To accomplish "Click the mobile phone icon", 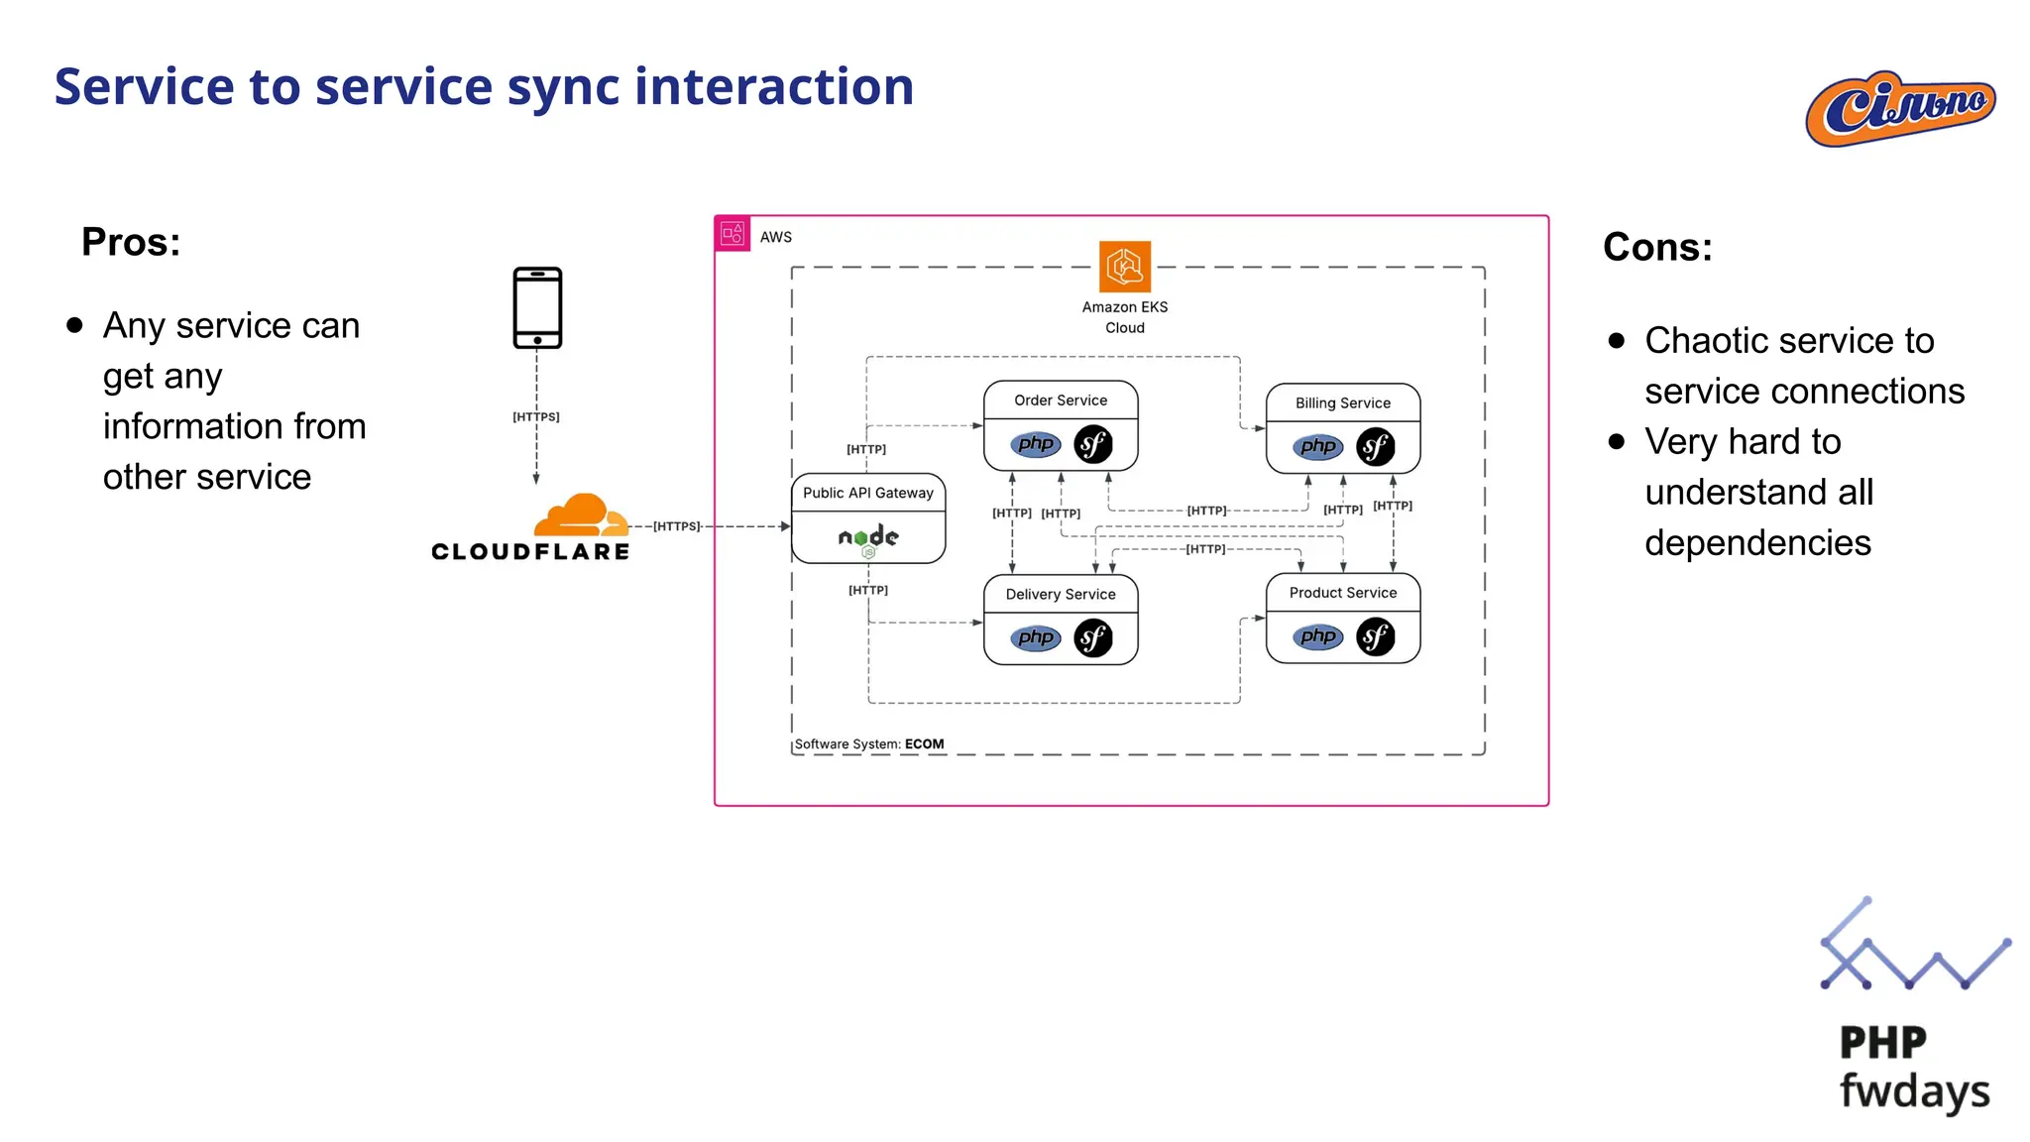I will coord(537,307).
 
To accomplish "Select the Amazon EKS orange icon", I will coord(1124,266).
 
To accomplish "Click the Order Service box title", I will coord(1060,400).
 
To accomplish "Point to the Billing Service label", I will coord(1342,403).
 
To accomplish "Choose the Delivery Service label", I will coord(1060,594).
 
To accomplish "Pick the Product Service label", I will coord(1342,593).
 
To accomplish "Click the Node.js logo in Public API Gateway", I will coord(868,538).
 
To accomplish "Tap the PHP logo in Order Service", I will coord(1035,444).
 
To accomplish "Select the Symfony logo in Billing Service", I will coord(1375,447).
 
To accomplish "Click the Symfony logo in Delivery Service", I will coord(1092,637).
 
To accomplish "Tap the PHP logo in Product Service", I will coord(1317,636).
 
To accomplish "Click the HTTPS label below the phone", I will coord(536,417).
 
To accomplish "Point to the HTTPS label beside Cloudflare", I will coord(676,526).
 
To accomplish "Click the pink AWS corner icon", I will coord(733,234).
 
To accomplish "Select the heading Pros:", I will coord(131,242).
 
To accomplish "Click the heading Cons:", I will coord(1657,247).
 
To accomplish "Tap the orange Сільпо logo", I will coord(1900,108).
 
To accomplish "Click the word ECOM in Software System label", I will coord(924,743).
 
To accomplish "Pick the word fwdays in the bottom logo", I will coord(1914,1090).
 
